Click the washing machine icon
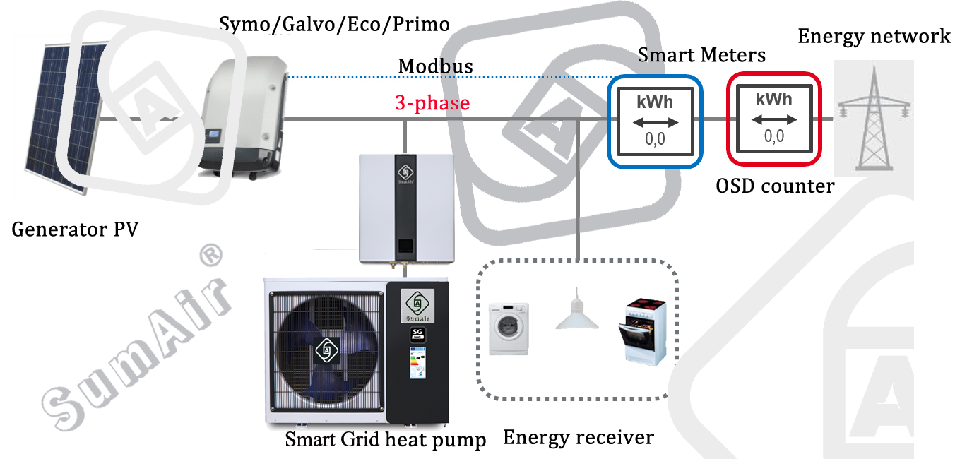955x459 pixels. (x=509, y=328)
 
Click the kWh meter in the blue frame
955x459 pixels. (x=655, y=121)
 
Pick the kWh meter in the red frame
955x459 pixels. (x=773, y=119)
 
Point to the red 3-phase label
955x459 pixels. (x=432, y=103)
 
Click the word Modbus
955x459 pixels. (x=435, y=66)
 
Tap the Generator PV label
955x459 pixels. (x=75, y=229)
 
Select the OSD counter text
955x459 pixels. (x=775, y=186)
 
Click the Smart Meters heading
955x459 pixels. (x=701, y=55)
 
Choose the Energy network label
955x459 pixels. (x=874, y=37)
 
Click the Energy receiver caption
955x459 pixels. (x=579, y=438)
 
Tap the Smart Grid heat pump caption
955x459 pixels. (x=386, y=440)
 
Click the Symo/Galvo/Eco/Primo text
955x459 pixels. (x=334, y=24)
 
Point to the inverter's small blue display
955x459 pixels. (x=213, y=136)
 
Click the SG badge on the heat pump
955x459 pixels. (x=417, y=335)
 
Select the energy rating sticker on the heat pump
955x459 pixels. (x=418, y=363)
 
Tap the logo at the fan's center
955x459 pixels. (x=326, y=350)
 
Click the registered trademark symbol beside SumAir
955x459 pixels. (x=211, y=256)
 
